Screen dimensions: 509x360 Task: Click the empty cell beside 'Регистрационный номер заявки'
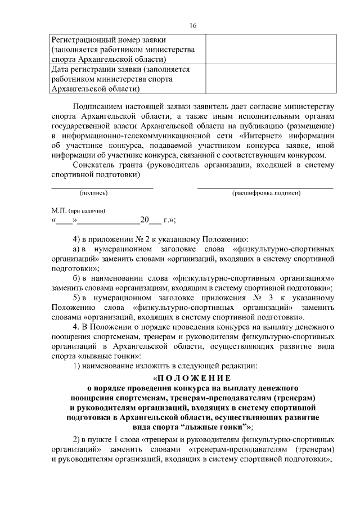(x=271, y=49)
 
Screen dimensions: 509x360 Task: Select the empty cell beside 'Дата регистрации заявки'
(x=271, y=79)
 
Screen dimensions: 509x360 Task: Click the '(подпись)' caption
(x=93, y=193)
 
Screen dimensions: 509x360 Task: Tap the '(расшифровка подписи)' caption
(x=266, y=193)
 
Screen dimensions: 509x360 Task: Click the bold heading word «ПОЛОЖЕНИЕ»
(x=193, y=379)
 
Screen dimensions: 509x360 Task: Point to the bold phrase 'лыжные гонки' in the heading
(x=211, y=427)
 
